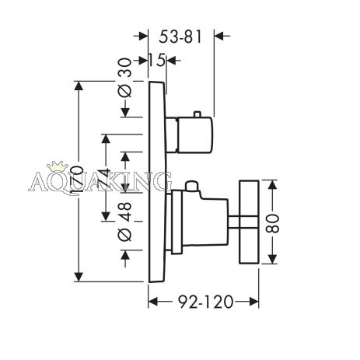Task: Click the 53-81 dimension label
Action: (180, 37)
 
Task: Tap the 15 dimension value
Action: (157, 61)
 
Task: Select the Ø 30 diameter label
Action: (125, 78)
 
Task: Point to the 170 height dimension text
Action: (77, 181)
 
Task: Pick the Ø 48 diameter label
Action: (125, 222)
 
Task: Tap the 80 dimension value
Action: (273, 222)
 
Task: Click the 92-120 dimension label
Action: (206, 302)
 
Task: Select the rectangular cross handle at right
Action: (249, 222)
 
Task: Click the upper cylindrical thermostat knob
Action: (194, 135)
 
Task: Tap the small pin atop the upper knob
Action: (197, 114)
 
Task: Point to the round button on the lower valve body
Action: (192, 186)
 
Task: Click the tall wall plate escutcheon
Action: (157, 181)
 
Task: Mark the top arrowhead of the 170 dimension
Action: (79, 86)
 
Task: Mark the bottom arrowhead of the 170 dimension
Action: (79, 277)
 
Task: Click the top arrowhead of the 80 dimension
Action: (272, 185)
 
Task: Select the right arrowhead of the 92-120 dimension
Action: (254, 302)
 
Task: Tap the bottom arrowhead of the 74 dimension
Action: (106, 216)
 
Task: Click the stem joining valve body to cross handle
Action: (233, 222)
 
